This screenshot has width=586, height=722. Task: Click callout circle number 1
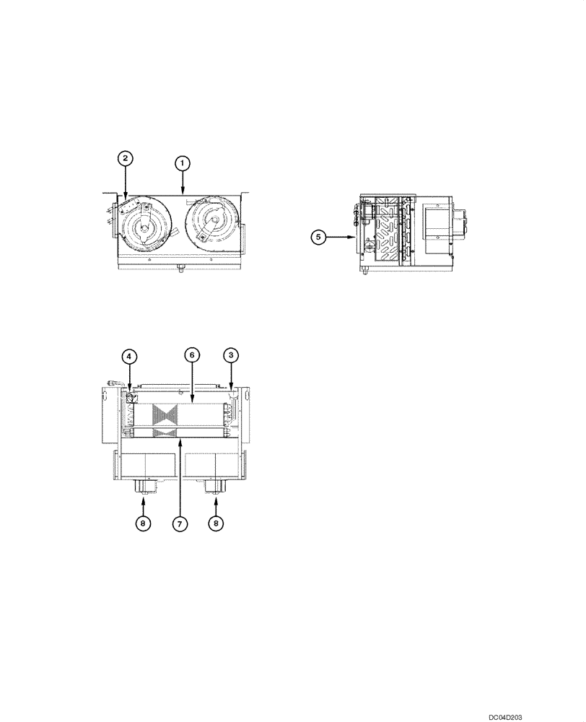click(x=183, y=164)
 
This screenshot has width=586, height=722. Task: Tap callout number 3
click(x=230, y=355)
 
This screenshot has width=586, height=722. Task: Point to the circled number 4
click(x=127, y=355)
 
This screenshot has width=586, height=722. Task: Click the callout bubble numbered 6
click(x=191, y=355)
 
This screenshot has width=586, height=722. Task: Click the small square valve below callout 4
click(x=131, y=398)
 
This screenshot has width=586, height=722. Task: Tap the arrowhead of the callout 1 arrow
click(x=183, y=193)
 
